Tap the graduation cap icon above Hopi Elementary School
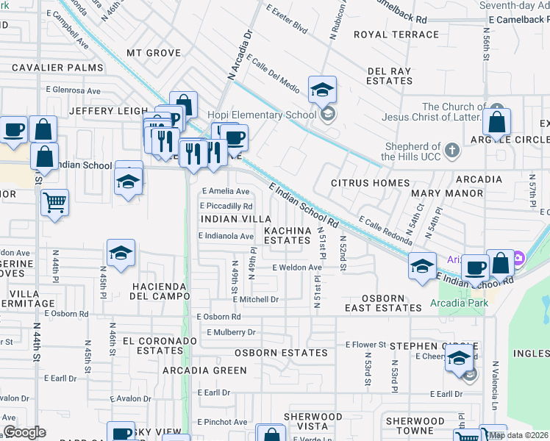pos(322,90)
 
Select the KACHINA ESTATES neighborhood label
pos(287,235)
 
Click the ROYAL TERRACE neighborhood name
pos(396,35)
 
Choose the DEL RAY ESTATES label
pos(389,76)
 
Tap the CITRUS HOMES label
pos(369,182)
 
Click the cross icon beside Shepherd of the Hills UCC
pos(452,151)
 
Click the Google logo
pos(24,432)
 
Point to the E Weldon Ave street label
pos(297,268)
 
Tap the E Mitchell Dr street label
pos(256,299)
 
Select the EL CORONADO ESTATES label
pos(160,346)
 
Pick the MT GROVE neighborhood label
pos(154,53)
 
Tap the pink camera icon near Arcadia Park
pos(519,258)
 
